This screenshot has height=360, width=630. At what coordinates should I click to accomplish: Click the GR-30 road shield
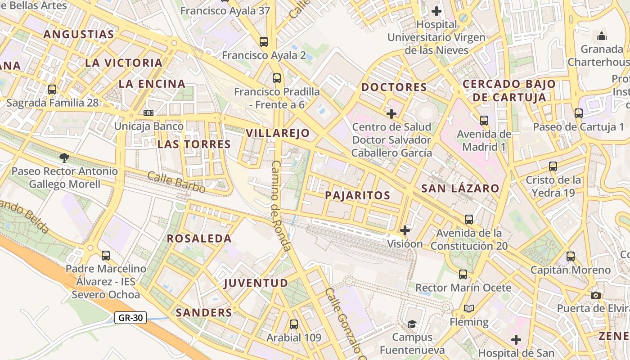(x=130, y=318)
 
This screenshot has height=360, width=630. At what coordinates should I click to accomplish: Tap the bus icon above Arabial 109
(x=294, y=324)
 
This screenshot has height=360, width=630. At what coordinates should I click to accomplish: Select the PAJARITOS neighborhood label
(x=357, y=195)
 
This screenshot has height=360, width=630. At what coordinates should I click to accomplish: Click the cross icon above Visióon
(x=405, y=230)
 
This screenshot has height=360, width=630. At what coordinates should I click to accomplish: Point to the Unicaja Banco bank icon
(x=148, y=112)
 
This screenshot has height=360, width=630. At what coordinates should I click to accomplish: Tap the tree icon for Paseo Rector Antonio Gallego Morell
(x=64, y=157)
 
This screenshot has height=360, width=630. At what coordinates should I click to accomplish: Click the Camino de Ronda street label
(x=281, y=205)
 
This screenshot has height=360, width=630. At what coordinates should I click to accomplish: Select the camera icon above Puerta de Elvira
(x=596, y=295)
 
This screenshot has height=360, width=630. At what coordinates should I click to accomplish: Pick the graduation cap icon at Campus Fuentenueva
(x=412, y=324)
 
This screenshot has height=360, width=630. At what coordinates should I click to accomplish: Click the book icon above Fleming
(x=469, y=309)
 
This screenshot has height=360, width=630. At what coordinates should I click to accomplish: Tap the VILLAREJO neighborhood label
(x=278, y=133)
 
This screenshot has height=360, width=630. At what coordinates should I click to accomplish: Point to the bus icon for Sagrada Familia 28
(x=52, y=89)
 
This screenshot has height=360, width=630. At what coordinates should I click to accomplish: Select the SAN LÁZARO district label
(x=460, y=189)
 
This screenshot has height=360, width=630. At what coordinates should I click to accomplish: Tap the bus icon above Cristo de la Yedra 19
(x=553, y=166)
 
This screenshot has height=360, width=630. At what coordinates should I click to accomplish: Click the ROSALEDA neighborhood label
(x=199, y=238)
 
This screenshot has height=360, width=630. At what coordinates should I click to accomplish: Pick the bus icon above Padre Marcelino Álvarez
(x=106, y=256)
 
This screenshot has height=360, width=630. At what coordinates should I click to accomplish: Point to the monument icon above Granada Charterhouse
(x=601, y=36)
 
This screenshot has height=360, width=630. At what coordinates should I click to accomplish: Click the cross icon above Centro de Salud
(x=391, y=113)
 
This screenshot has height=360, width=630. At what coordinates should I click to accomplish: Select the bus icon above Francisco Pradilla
(x=277, y=78)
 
